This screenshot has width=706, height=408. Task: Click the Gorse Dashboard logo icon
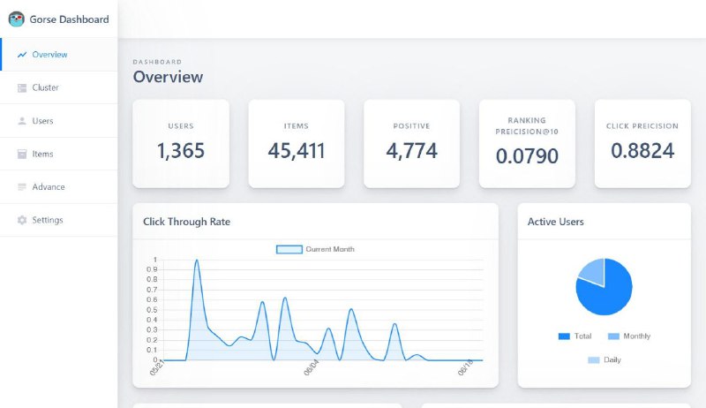(17, 19)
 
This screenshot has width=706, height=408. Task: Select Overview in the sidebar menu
(49, 55)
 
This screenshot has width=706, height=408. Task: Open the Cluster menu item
(45, 87)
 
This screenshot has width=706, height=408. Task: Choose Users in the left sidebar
(42, 121)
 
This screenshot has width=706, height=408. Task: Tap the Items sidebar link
(42, 154)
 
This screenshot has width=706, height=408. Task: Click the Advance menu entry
(49, 187)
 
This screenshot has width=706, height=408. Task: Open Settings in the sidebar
(48, 220)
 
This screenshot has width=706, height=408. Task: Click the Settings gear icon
(21, 220)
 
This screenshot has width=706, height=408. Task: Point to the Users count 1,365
(181, 150)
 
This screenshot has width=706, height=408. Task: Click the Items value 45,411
(297, 150)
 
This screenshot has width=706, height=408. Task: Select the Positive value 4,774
(411, 150)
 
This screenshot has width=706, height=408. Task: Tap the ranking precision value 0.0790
(527, 155)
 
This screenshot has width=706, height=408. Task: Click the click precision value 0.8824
(642, 150)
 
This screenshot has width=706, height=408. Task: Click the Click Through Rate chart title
(186, 222)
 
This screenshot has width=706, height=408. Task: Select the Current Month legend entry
(315, 249)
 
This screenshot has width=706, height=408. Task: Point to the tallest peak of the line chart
(197, 260)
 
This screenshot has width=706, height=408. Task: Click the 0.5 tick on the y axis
(152, 310)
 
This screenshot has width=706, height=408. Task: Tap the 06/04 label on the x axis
(312, 367)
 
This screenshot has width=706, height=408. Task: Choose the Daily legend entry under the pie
(605, 359)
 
